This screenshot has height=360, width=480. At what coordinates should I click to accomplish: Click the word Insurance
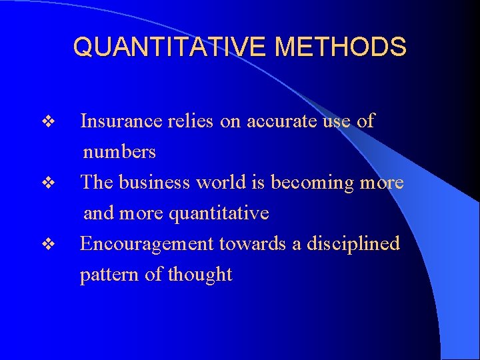coord(121,121)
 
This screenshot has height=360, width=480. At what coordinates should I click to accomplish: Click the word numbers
coord(119,152)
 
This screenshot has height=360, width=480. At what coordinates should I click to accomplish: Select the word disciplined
coord(353,244)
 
